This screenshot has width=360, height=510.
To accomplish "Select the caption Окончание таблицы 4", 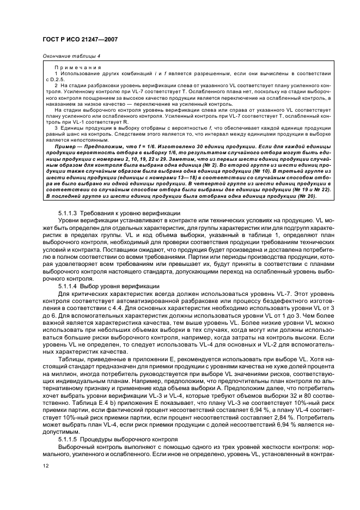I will click(x=71, y=57).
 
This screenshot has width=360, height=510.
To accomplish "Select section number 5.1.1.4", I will click(x=69, y=286).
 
